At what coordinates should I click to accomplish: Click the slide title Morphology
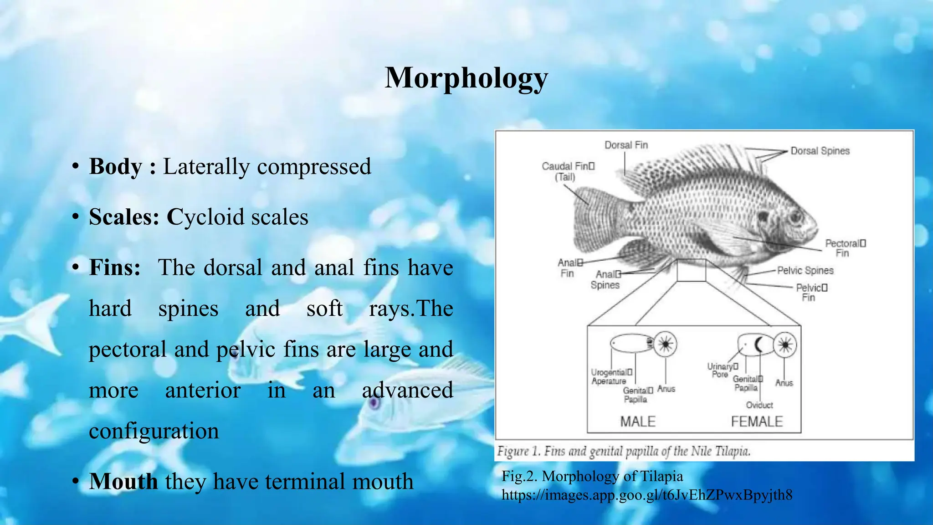click(x=466, y=78)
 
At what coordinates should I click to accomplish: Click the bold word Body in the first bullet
click(x=116, y=166)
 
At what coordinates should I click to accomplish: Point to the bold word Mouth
click(x=123, y=481)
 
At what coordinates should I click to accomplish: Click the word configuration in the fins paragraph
click(x=154, y=431)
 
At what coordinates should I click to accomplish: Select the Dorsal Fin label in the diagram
click(x=626, y=145)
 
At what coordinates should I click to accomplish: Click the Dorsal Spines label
click(x=820, y=151)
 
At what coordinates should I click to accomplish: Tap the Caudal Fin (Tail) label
click(x=568, y=171)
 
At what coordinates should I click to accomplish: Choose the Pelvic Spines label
click(x=805, y=271)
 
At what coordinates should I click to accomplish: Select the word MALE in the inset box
click(x=637, y=422)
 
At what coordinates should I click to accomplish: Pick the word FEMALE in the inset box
click(x=757, y=422)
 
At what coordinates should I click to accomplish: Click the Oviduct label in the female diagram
click(x=759, y=405)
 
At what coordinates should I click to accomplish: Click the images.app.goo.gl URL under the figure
click(x=647, y=495)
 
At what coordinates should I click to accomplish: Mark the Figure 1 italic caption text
click(x=624, y=452)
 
